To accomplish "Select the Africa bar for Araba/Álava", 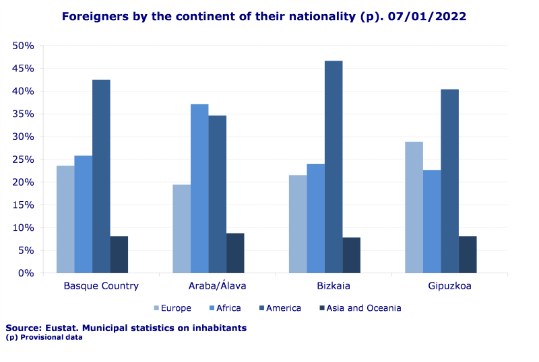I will (x=199, y=188).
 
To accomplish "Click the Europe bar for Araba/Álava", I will (x=181, y=229).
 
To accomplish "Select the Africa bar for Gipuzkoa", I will (x=432, y=221).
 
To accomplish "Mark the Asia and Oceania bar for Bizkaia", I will (x=351, y=255).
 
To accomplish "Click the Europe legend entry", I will (x=172, y=308).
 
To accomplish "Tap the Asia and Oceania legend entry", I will (x=358, y=308).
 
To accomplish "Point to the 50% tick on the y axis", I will (x=24, y=46).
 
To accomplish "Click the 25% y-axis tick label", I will (x=24, y=159).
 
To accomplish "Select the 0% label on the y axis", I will (x=26, y=273).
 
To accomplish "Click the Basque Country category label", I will (x=101, y=286).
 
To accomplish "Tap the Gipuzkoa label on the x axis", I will (x=449, y=286).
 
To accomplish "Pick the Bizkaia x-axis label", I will (x=334, y=286).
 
